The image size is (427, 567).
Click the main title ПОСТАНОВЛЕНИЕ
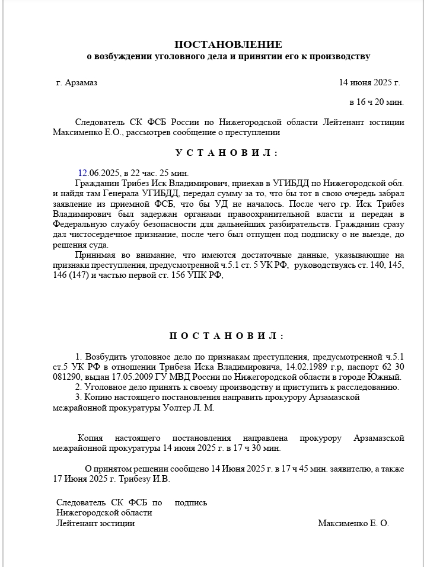[x=228, y=44]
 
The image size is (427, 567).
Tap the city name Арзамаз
[x=81, y=82]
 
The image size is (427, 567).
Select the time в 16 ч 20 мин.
[x=377, y=102]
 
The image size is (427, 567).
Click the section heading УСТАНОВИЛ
[x=227, y=153]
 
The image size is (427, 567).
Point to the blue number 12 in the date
[x=82, y=173]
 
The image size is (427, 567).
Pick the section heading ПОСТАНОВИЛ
[x=227, y=336]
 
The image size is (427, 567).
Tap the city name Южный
[x=386, y=377]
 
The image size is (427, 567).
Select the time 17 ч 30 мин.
[x=252, y=449]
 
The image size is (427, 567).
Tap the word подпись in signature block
[x=191, y=502]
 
